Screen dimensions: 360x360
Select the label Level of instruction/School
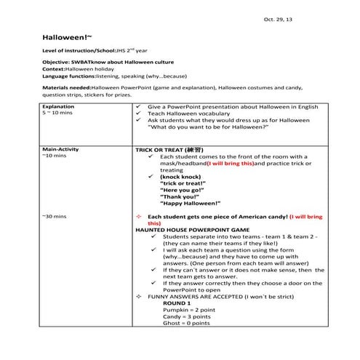pyautogui.click(x=83, y=55)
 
